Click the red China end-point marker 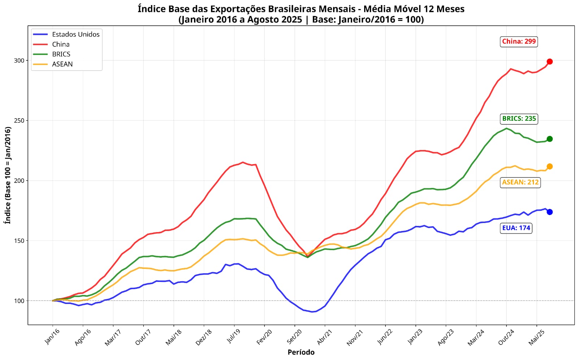point(549,61)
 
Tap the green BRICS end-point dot point(549,139)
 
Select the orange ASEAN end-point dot point(549,166)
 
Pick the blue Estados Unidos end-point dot point(549,212)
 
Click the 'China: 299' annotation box point(519,42)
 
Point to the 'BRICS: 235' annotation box point(519,119)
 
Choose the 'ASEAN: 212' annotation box point(520,182)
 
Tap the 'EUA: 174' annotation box point(516,228)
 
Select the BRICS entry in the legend point(61,54)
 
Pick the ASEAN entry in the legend point(62,64)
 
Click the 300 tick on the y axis point(19,60)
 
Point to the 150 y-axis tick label point(19,240)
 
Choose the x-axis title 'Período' point(301,352)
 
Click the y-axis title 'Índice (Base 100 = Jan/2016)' point(8,175)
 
